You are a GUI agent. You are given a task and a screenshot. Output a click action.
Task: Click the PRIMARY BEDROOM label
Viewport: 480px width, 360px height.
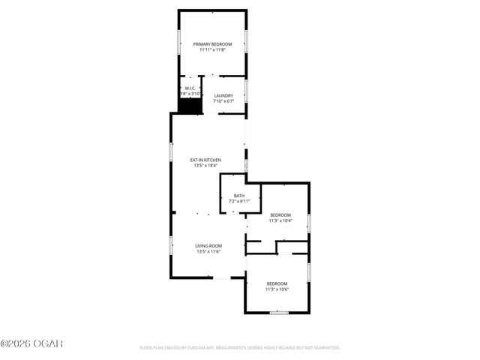211,44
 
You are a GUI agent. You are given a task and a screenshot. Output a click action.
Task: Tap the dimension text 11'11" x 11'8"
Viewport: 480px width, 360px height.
211,50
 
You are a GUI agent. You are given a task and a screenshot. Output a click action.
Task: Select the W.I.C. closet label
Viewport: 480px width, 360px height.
190,88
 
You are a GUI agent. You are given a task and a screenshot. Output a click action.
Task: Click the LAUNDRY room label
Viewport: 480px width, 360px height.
223,95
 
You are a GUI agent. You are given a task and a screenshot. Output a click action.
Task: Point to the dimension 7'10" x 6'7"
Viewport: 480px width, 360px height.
223,100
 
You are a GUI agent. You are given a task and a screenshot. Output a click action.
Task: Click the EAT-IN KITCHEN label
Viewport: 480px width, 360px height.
205,160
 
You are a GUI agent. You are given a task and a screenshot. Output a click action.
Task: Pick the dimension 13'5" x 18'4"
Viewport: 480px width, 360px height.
205,166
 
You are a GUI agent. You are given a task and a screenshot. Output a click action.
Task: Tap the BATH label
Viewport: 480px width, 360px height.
238,196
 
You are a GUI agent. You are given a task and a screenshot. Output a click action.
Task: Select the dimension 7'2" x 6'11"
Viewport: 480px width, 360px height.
238,201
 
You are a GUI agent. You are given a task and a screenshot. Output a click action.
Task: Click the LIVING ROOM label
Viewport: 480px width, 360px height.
208,246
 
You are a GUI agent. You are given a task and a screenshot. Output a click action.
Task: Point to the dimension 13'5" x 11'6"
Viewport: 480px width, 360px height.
208,252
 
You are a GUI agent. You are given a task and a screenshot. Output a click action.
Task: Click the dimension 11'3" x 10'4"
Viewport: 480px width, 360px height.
280,220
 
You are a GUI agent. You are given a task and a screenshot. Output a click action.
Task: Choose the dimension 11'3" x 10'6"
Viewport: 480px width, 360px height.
277,289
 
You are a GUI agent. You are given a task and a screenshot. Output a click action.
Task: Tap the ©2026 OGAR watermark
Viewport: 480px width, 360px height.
31,343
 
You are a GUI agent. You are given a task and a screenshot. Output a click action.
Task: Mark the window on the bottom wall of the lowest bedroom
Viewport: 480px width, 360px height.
278,313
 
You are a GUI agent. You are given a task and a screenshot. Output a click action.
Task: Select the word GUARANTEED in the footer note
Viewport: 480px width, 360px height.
325,348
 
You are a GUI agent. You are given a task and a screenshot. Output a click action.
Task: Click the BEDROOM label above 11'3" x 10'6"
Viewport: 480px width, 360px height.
277,283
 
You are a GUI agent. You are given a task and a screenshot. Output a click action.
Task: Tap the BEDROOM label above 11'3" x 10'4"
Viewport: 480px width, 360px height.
280,214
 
